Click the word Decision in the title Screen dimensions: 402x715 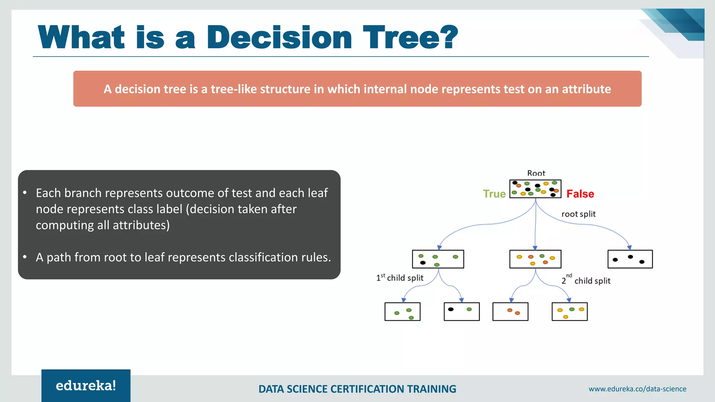point(279,38)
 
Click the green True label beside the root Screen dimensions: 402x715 point(494,194)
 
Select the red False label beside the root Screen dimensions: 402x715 point(580,194)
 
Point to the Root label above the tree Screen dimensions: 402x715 point(536,173)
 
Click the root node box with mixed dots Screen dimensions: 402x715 point(535,189)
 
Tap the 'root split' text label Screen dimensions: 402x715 point(578,214)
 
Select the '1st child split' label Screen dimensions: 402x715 point(400,278)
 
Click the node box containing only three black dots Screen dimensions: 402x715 point(630,259)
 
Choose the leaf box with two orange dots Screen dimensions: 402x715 point(510,311)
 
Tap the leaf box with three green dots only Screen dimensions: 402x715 point(402,311)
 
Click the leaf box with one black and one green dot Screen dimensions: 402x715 point(462,311)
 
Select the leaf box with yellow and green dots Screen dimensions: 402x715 point(569,311)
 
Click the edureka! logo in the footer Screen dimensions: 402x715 point(86,386)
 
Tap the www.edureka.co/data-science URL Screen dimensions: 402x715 point(637,389)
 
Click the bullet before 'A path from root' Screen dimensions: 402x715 point(25,257)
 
